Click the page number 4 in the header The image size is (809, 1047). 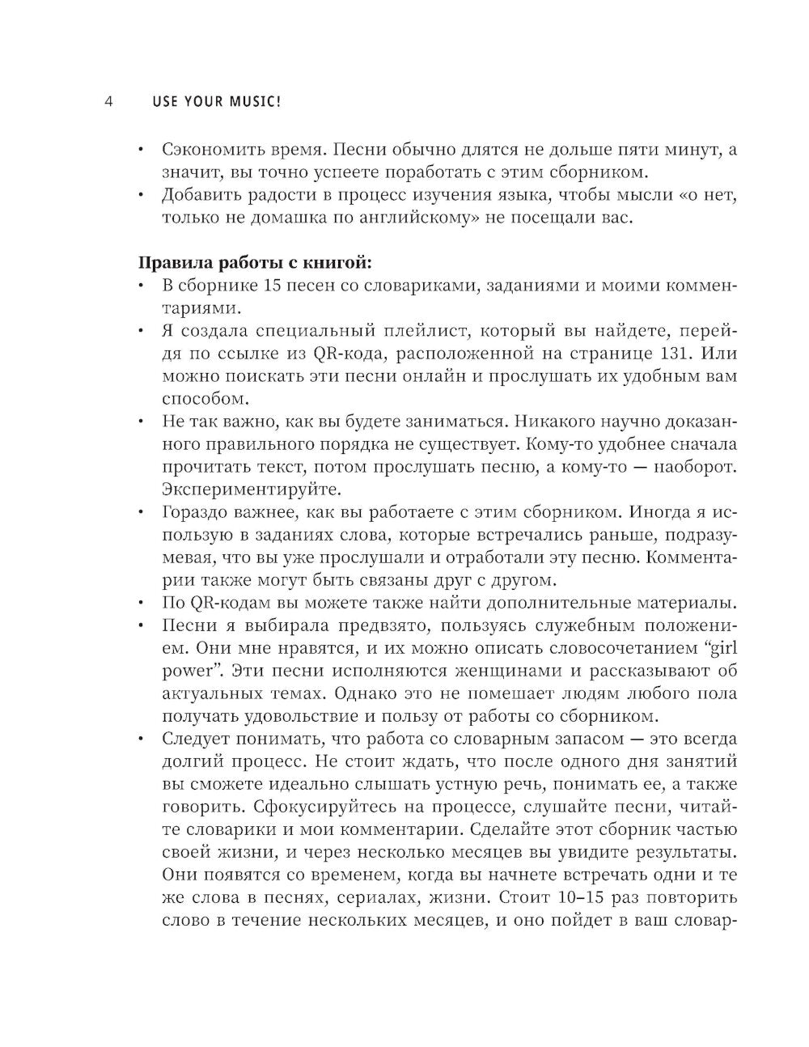[x=107, y=103]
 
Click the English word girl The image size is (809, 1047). [x=722, y=648]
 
